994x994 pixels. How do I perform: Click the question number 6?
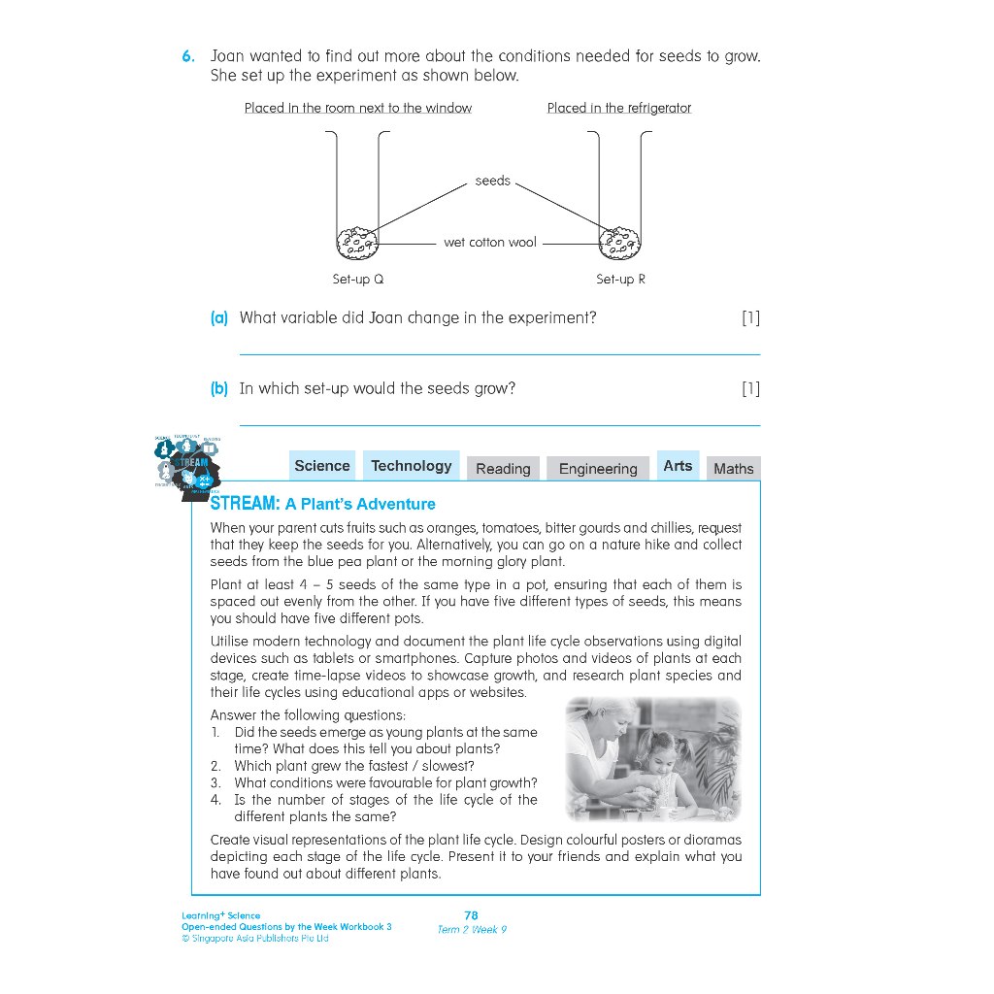pos(188,56)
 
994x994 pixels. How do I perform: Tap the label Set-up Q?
pos(357,279)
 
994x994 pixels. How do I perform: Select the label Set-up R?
pos(620,279)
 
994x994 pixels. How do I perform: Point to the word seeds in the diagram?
pos(492,181)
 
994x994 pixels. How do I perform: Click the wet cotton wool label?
pos(489,242)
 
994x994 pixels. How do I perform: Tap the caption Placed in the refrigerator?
pos(618,108)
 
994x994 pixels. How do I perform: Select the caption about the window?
pos(357,108)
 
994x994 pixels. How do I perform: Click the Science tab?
pos(321,466)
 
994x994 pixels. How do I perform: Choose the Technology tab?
pos(412,466)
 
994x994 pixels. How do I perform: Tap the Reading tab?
pos(503,469)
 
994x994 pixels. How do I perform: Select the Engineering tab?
pos(598,469)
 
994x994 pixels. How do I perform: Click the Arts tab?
pos(678,466)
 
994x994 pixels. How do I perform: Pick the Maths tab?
pos(733,469)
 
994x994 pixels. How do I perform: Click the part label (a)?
pos(219,317)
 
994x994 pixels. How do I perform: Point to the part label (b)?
pos(219,388)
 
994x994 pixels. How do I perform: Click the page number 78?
pos(472,914)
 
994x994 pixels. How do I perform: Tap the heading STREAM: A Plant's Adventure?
pos(323,504)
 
